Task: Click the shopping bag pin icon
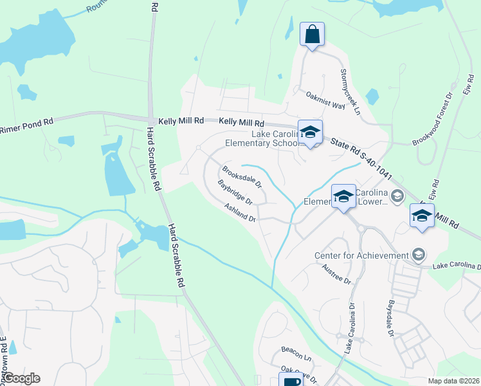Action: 312,34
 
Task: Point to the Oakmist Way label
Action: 325,100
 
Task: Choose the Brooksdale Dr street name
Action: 242,177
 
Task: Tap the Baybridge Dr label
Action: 237,193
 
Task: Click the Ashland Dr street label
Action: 240,212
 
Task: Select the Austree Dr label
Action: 338,274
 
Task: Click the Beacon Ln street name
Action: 296,352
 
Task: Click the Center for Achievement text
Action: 361,256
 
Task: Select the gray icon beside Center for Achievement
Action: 420,255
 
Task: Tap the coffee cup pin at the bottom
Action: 290,381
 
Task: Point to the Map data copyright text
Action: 453,381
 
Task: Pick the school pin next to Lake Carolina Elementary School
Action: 310,133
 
